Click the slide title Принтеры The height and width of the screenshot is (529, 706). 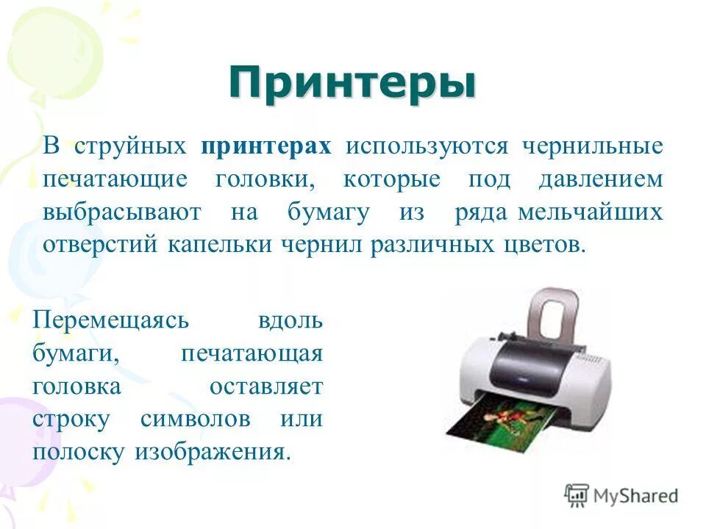click(x=352, y=83)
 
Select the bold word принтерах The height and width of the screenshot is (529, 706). click(x=265, y=145)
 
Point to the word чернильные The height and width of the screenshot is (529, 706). click(x=592, y=145)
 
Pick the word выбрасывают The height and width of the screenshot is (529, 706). click(x=121, y=212)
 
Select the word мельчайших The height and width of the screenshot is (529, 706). click(x=590, y=212)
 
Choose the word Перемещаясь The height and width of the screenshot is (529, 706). click(x=111, y=320)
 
